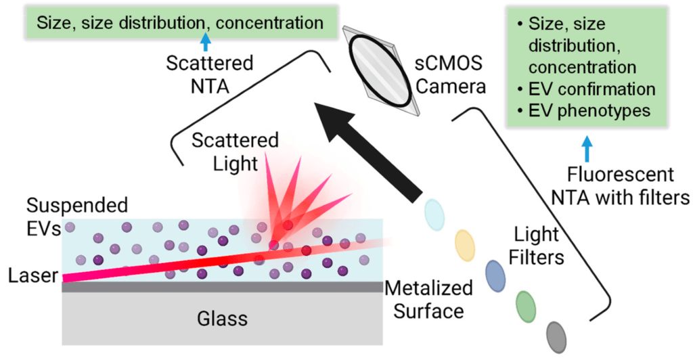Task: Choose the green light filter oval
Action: pyautogui.click(x=526, y=305)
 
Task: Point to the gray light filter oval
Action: pyautogui.click(x=557, y=334)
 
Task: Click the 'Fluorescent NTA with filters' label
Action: pyautogui.click(x=621, y=186)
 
